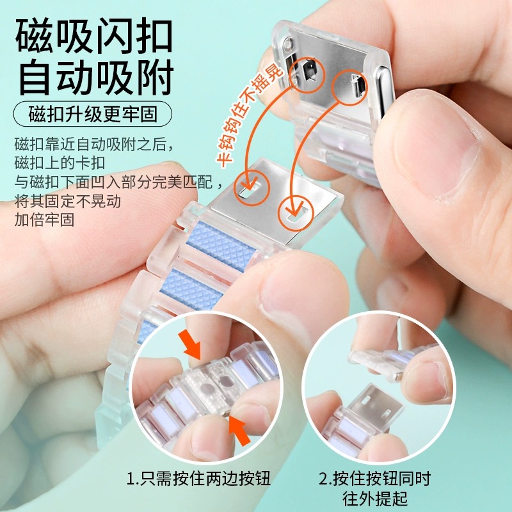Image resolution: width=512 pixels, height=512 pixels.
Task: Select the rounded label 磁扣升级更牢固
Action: coord(93,115)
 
